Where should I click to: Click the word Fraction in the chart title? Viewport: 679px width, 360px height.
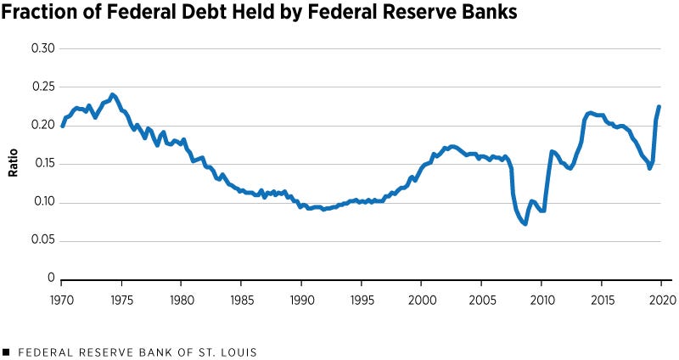coord(41,14)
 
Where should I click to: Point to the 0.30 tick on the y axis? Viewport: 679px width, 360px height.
coord(43,48)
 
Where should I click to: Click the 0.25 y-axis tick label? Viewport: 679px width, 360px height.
coord(43,87)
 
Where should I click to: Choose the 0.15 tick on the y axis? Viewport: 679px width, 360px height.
coord(43,164)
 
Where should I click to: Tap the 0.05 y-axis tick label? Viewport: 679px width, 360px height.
coord(43,240)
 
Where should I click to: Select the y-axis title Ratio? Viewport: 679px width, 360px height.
coord(14,164)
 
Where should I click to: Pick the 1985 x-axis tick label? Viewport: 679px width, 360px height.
coord(242,299)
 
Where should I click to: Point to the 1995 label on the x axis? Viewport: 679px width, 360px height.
coord(362,299)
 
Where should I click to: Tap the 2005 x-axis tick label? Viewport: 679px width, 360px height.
coord(482,299)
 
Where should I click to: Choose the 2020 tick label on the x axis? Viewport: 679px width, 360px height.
coord(662,299)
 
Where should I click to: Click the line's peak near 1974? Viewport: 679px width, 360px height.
coord(112,94)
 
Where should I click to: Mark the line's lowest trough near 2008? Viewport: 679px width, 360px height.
coord(525,223)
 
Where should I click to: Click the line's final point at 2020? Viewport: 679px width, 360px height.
coord(659,106)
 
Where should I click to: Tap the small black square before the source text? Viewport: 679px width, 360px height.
coord(6,352)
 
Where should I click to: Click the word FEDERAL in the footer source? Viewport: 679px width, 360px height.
coord(41,352)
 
